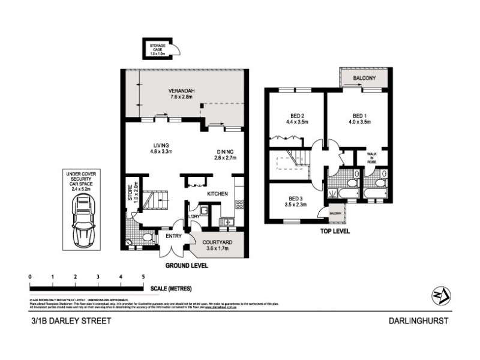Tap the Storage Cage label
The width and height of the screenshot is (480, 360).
point(157,47)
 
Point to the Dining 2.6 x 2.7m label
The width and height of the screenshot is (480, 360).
point(225,155)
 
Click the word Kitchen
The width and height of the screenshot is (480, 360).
point(217,195)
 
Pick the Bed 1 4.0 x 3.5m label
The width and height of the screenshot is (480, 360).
point(361,118)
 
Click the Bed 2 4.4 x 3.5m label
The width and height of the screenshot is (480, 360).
point(296,118)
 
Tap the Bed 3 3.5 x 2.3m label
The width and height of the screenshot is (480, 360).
point(296,202)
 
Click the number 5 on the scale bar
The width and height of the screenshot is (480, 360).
point(143,277)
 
